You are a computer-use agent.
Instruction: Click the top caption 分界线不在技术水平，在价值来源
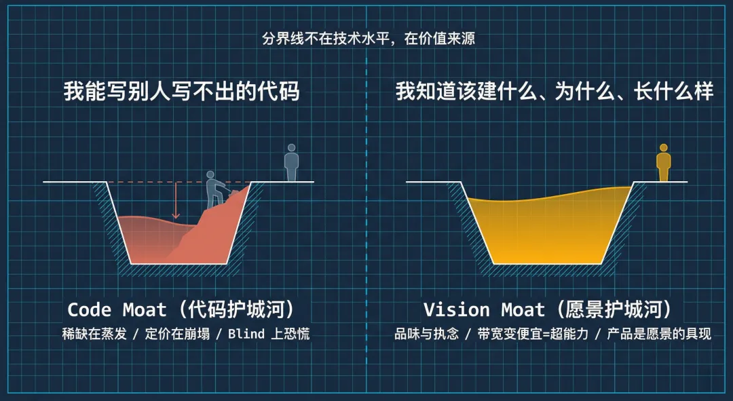click(369, 38)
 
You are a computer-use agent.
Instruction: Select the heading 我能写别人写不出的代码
click(181, 92)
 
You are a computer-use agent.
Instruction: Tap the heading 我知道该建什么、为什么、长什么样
click(555, 92)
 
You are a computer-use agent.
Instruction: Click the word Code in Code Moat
click(89, 310)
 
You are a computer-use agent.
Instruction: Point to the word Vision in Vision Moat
click(456, 310)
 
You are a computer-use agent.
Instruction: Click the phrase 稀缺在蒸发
click(93, 334)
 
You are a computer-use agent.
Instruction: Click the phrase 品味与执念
click(427, 334)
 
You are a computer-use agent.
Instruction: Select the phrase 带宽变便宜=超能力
click(535, 334)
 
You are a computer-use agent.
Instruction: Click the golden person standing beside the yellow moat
click(663, 162)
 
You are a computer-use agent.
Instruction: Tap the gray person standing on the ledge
click(292, 162)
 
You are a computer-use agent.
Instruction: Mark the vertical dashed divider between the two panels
click(366, 204)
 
